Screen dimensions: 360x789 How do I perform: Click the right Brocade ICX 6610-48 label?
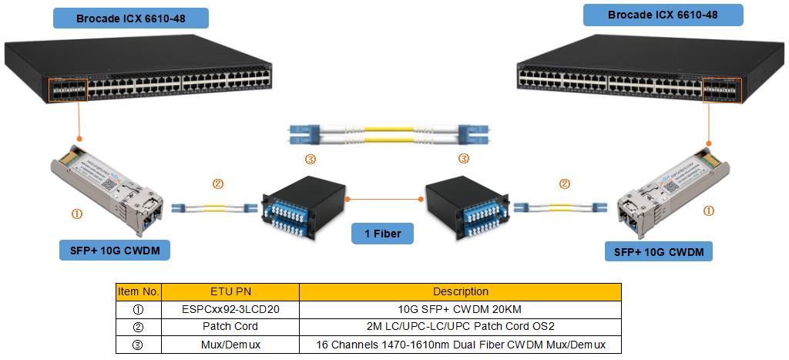(663, 15)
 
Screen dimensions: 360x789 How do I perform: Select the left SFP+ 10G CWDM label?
(114, 251)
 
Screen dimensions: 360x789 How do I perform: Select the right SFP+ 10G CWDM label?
(659, 251)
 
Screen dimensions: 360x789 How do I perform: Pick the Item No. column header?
(139, 292)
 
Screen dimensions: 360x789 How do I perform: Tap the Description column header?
(460, 292)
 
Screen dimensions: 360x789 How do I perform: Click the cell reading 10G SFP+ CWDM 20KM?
(460, 309)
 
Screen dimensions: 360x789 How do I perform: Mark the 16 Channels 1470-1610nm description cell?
(460, 345)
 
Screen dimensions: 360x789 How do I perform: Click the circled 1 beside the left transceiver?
(76, 215)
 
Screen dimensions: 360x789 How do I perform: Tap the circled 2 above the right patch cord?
(565, 184)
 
